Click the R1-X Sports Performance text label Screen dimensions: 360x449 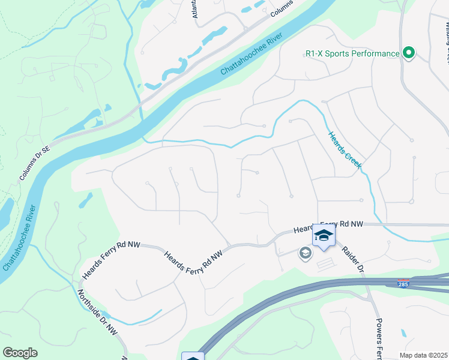pyautogui.click(x=352, y=53)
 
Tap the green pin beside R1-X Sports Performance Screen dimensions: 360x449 pyautogui.click(x=409, y=53)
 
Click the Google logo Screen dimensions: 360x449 pyautogui.click(x=20, y=353)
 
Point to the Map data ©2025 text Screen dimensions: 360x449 pyautogui.click(x=423, y=355)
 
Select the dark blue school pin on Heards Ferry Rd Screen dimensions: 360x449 pyautogui.click(x=323, y=237)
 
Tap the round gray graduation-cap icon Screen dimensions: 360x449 pyautogui.click(x=306, y=254)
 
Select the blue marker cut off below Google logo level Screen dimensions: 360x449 pyautogui.click(x=193, y=356)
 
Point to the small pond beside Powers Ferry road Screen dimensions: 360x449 pyautogui.click(x=403, y=332)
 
